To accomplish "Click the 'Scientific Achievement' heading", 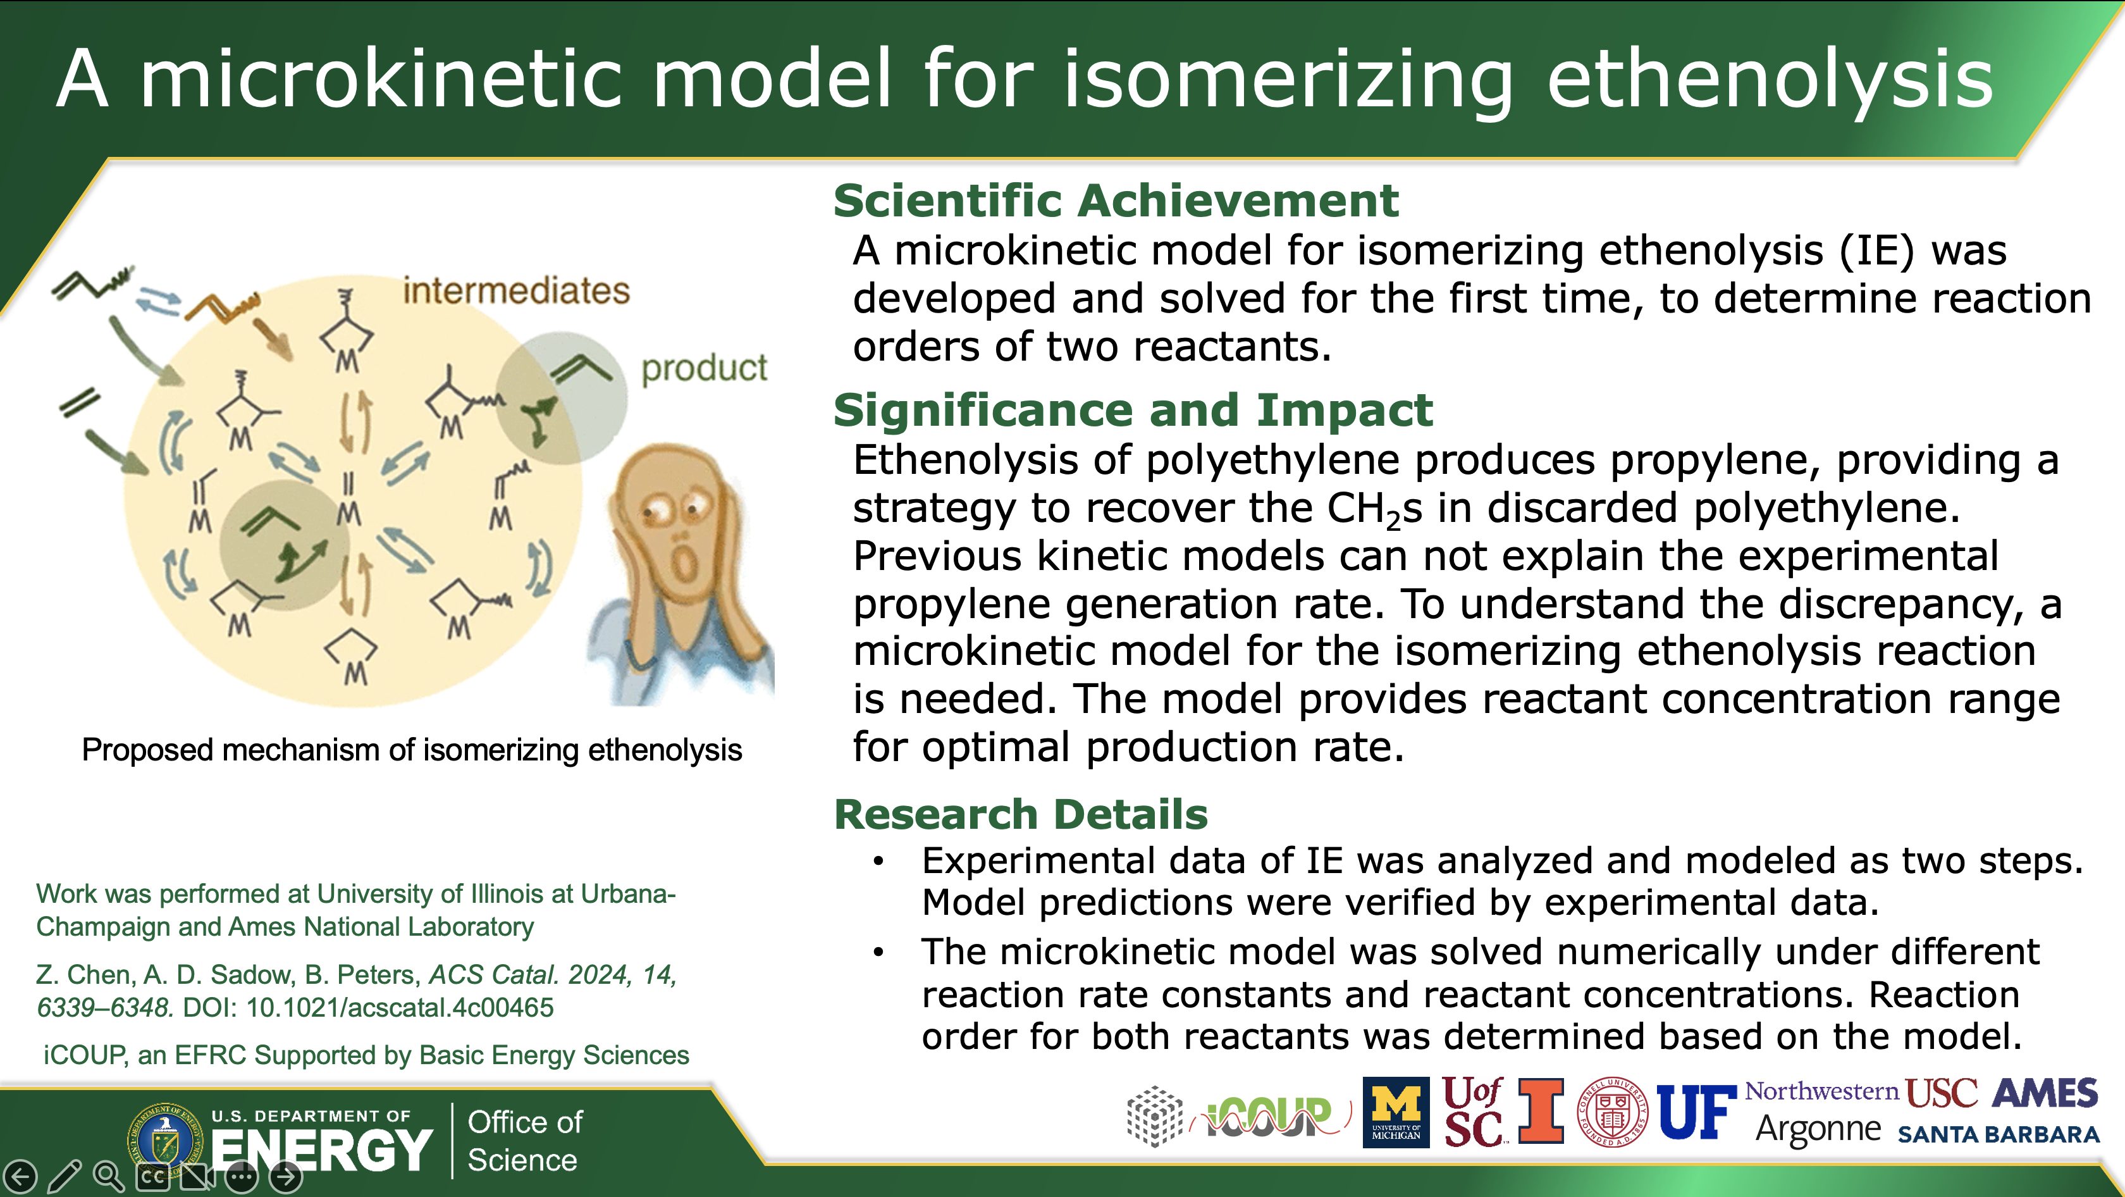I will point(1115,201).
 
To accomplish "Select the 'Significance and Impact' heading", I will point(1133,410).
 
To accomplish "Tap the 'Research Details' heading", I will point(1020,814).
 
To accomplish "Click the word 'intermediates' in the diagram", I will point(515,290).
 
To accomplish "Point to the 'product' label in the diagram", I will point(704,368).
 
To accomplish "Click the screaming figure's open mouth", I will point(683,564).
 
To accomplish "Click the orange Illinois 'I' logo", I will point(1540,1110).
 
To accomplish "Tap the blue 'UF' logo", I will point(1695,1112).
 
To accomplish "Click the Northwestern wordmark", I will point(1821,1091).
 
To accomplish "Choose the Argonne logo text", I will point(1818,1129).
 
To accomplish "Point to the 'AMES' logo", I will point(2044,1093).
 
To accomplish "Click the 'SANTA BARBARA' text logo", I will point(1998,1135).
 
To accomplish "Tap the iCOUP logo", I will point(1271,1116).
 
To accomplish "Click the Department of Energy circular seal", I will point(165,1141).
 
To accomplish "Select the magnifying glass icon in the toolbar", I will point(108,1175).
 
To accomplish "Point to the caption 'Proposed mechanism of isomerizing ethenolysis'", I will point(412,750).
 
